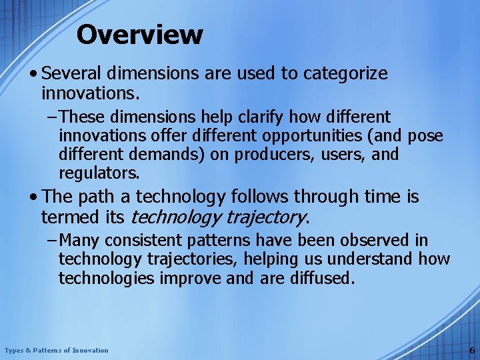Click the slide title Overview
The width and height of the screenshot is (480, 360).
pos(139,35)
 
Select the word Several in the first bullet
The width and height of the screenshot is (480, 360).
pos(71,73)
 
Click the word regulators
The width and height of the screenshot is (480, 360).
pos(99,173)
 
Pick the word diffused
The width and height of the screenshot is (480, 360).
pos(321,277)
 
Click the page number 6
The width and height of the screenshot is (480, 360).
pos(472,350)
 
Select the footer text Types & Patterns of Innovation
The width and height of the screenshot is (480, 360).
pos(56,350)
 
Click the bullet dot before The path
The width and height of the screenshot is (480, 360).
pos(33,197)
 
